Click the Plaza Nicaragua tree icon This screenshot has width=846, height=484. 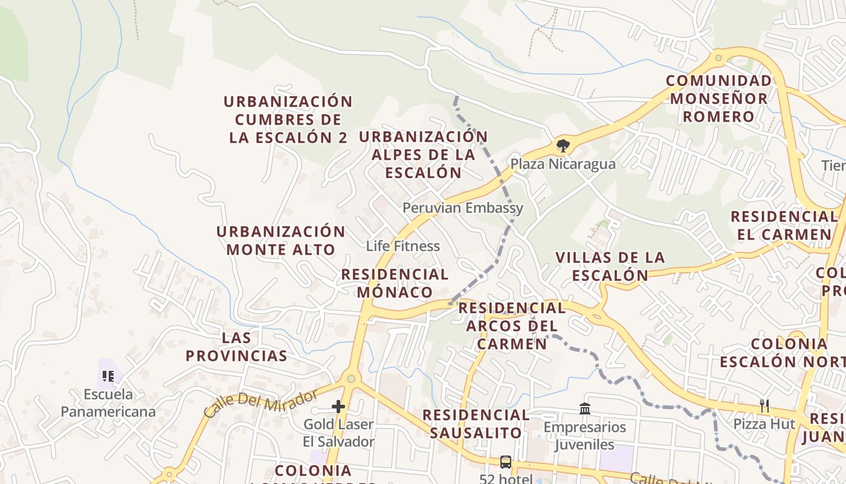[563, 145]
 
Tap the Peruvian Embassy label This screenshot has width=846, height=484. [463, 208]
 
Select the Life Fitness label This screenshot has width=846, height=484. [403, 246]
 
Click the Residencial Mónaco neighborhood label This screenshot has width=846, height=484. [395, 283]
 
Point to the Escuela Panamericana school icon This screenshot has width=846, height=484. [108, 377]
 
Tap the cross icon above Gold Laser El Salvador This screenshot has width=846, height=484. [338, 407]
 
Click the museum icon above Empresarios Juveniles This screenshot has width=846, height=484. [584, 409]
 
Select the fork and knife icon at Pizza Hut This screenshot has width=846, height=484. [764, 405]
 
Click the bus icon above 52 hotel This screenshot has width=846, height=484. [506, 462]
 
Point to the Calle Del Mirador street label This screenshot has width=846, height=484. [260, 404]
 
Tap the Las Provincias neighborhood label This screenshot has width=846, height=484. [236, 347]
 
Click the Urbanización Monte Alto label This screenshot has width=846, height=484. [281, 240]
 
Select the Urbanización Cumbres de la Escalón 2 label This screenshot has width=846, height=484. [288, 119]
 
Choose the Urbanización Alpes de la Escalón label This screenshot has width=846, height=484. [423, 154]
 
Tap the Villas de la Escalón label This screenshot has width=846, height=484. [610, 266]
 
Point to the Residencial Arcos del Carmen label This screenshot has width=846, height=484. [512, 326]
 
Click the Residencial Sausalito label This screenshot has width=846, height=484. [476, 423]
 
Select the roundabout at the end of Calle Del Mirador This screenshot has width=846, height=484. [350, 379]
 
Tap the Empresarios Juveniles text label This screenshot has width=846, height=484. [584, 436]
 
